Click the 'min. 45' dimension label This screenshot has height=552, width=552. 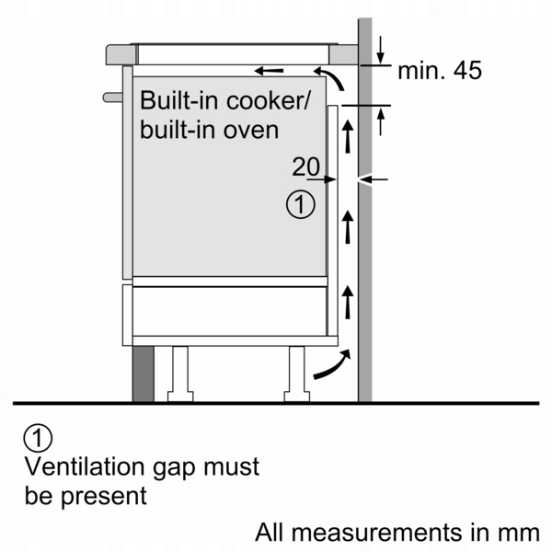[440, 71]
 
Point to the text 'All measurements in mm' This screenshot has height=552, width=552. [397, 531]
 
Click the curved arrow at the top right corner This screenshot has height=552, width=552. [333, 79]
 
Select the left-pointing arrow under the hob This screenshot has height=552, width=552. [269, 70]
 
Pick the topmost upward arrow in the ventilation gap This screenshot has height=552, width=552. [348, 138]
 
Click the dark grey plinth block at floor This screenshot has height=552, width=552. [143, 374]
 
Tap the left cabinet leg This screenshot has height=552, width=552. [178, 374]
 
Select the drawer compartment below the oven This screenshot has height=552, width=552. [230, 310]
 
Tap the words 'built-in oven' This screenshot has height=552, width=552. [210, 129]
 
